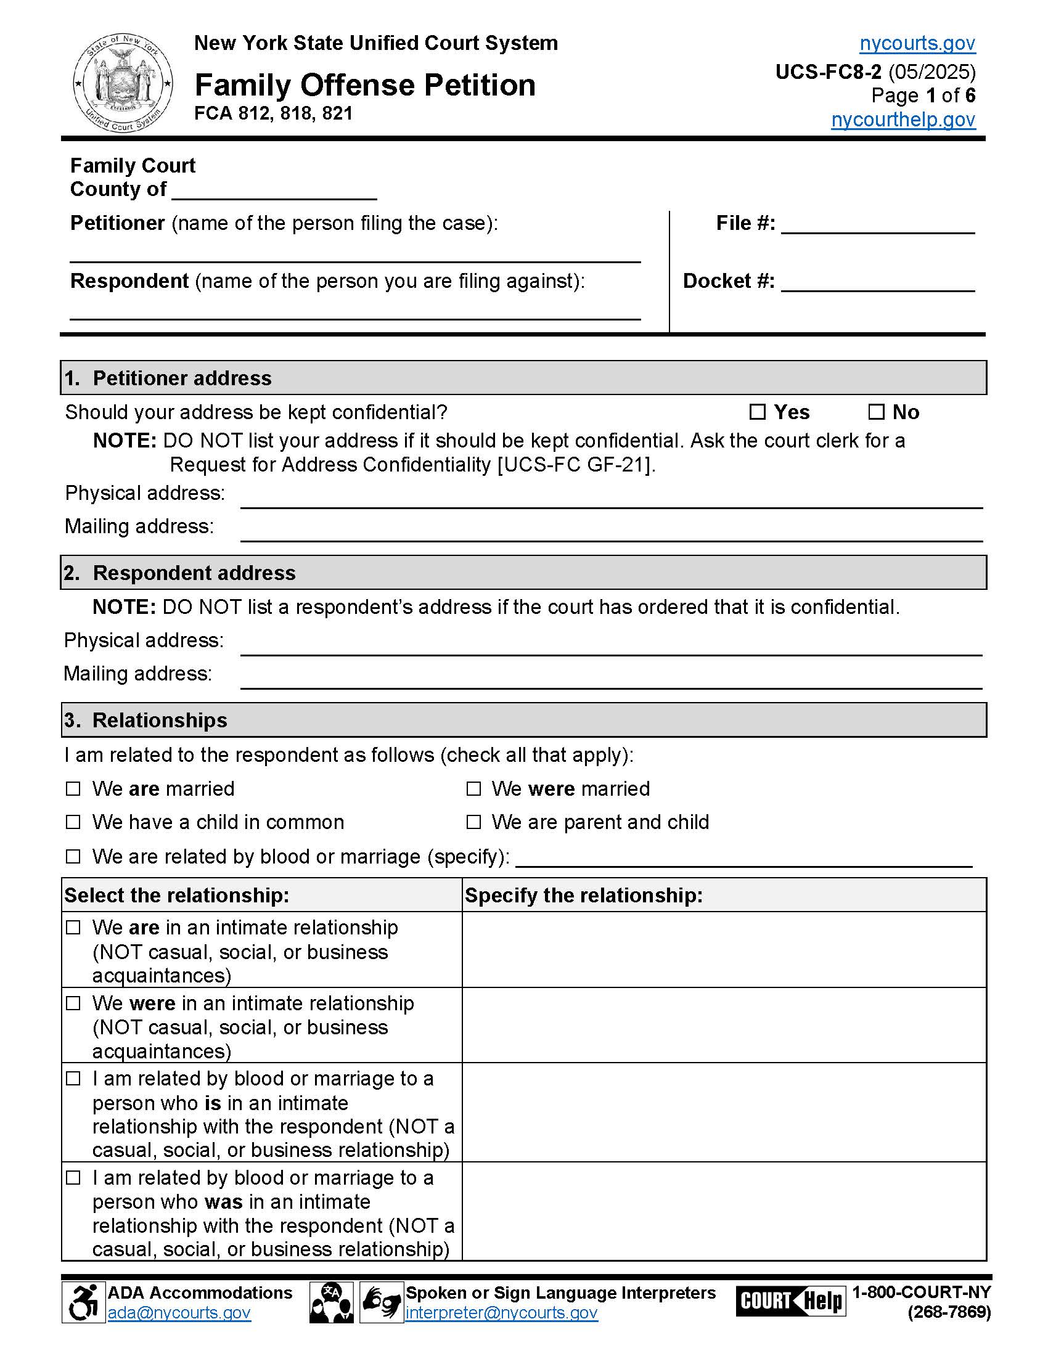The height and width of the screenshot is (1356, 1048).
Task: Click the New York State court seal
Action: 122,83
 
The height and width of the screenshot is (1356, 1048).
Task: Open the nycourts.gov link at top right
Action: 917,44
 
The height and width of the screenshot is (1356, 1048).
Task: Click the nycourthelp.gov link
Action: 903,119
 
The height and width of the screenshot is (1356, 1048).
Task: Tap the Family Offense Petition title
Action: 365,85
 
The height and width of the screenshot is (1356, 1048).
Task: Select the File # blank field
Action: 877,225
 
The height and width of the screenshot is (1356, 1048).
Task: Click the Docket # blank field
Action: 877,282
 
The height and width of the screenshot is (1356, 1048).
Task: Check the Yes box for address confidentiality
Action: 757,412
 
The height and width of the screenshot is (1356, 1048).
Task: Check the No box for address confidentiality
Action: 875,412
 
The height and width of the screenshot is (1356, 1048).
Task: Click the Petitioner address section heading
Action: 182,378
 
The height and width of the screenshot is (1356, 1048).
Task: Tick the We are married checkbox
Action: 73,788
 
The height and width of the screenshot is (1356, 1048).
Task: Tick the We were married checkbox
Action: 473,788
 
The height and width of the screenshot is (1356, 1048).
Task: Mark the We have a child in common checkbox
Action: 73,822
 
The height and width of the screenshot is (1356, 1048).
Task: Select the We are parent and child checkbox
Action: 473,822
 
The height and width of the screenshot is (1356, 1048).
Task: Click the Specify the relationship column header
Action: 584,895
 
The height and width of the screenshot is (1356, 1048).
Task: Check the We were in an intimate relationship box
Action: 73,1003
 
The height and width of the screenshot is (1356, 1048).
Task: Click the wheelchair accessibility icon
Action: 83,1302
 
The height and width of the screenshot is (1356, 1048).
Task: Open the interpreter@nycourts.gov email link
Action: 501,1313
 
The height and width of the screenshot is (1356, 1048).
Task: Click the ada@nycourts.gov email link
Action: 179,1313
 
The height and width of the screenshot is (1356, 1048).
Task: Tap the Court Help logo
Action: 790,1301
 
